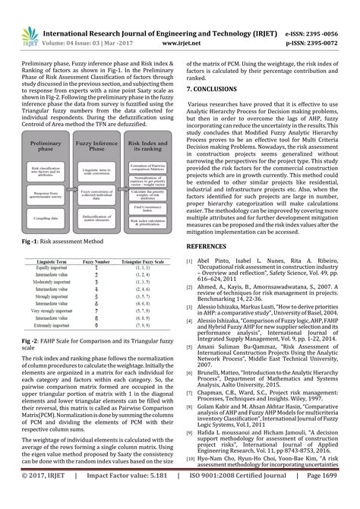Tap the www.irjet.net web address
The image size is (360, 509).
180,24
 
